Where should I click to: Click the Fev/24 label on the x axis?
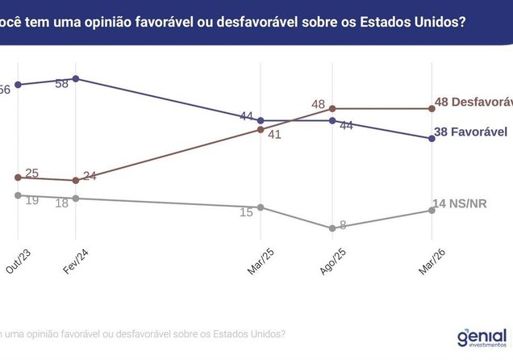(76, 262)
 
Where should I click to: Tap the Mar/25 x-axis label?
(261, 262)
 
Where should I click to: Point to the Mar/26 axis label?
(432, 262)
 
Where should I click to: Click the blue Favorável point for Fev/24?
(75, 78)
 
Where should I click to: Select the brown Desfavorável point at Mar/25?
(260, 129)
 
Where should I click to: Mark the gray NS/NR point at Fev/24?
(75, 198)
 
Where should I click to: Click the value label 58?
(60, 83)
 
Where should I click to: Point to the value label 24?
(90, 175)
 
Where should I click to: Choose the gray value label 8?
(343, 225)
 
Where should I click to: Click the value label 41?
(274, 135)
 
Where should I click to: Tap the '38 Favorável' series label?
(473, 132)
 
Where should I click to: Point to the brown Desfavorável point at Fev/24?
(75, 180)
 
